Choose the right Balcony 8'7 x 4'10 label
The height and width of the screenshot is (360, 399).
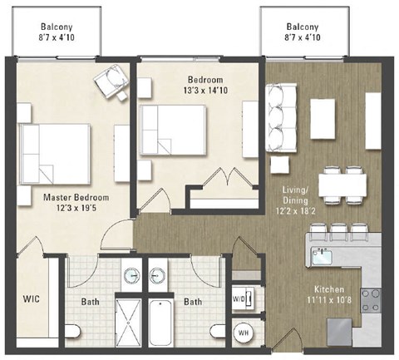coord(302,31)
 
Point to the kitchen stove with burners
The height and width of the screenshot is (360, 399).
coord(371,298)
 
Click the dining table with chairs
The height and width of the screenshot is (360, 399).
coord(343,184)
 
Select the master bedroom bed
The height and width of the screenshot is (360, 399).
coord(55,153)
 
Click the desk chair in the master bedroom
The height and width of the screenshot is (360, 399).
coord(109,81)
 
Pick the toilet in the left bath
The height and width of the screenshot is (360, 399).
coord(73,333)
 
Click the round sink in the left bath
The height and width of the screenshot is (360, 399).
coord(131,275)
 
